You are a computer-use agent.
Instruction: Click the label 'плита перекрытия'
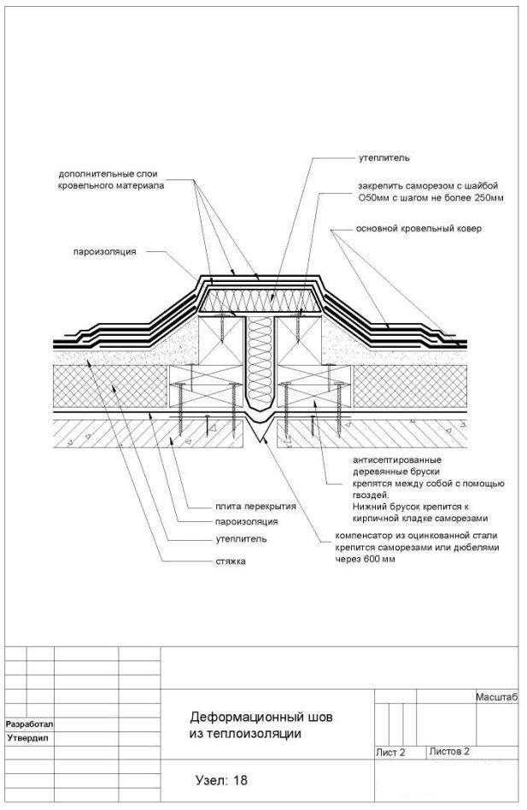tap(255, 506)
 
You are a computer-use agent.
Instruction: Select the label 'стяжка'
tap(231, 561)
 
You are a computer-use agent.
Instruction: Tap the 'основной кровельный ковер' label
tap(419, 228)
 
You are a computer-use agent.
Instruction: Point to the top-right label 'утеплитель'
tap(384, 158)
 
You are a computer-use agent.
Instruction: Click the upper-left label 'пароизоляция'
tap(105, 252)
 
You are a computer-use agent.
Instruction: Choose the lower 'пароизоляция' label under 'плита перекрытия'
tap(246, 522)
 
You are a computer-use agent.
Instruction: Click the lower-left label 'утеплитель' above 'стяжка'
tap(241, 539)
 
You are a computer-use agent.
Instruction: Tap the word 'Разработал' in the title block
tap(29, 725)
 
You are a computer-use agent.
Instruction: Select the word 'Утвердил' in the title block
tap(28, 738)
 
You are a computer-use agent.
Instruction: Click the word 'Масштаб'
tap(496, 697)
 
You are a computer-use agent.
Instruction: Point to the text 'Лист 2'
tap(390, 753)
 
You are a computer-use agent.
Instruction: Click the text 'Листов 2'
tap(449, 752)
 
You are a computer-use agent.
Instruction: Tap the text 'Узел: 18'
tap(221, 780)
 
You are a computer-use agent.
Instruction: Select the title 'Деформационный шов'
tap(261, 717)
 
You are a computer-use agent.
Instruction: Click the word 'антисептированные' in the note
tap(397, 460)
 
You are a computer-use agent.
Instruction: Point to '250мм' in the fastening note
tap(489, 198)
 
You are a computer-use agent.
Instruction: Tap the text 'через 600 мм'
tap(366, 560)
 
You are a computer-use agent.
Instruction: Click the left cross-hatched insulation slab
tap(112, 386)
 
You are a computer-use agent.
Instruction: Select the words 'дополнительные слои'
tap(108, 174)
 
